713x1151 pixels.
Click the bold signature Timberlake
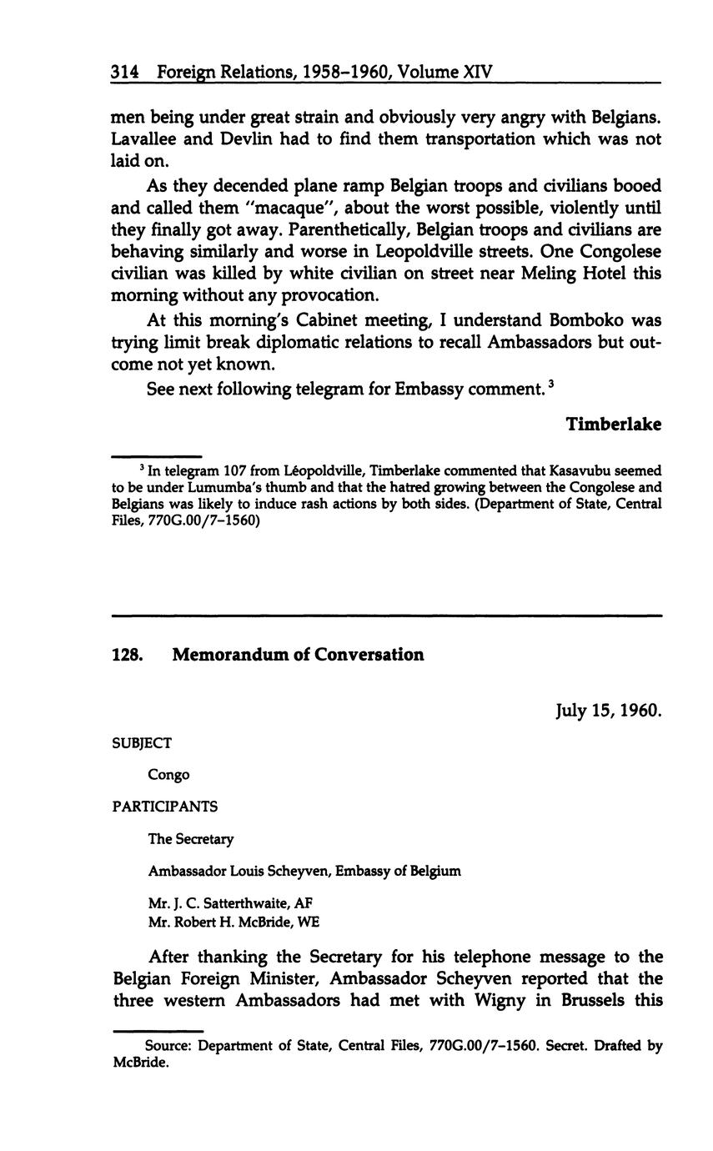point(614,425)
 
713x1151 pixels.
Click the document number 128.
point(128,655)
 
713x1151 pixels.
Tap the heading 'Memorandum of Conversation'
point(298,655)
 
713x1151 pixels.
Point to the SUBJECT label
point(142,742)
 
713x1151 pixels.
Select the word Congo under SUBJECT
point(168,775)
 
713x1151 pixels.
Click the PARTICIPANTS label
point(164,807)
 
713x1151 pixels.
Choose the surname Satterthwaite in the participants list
point(230,903)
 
